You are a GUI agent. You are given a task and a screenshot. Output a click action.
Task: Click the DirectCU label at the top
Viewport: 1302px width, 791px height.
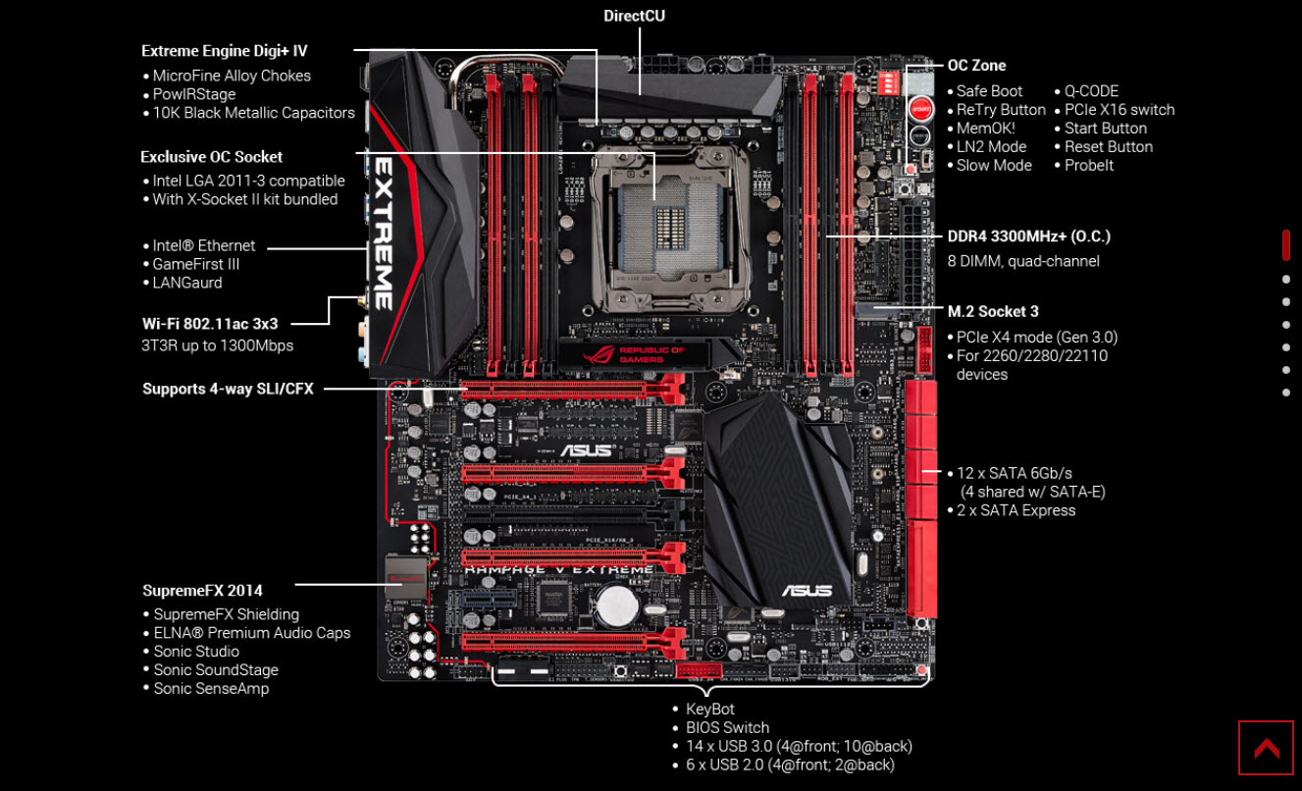click(635, 16)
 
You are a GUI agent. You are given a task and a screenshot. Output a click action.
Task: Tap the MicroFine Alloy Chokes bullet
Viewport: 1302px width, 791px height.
click(232, 76)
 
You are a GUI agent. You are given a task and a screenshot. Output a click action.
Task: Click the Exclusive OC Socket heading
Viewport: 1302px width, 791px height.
click(211, 156)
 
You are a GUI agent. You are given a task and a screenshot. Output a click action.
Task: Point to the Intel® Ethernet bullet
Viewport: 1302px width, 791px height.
click(203, 245)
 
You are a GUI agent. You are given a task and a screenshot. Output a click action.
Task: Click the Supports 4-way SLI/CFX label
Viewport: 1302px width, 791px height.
click(228, 389)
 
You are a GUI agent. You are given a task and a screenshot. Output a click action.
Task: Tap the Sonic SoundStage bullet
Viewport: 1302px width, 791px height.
click(216, 669)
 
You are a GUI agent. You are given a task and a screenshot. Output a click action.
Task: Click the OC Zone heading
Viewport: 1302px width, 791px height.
click(976, 66)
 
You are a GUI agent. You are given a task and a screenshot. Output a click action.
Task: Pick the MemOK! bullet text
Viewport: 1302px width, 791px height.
click(986, 128)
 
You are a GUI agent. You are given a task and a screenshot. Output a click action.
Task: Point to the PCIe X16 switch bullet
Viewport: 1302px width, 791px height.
click(1120, 109)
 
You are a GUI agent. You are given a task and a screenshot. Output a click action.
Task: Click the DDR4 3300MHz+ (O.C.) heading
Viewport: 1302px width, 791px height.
click(1028, 237)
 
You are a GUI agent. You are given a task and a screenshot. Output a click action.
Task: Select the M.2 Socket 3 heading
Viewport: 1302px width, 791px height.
click(993, 311)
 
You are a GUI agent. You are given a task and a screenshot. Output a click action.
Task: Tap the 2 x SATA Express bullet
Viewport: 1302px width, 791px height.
click(1016, 510)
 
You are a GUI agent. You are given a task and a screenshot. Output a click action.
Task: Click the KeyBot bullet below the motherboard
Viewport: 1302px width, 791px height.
click(710, 709)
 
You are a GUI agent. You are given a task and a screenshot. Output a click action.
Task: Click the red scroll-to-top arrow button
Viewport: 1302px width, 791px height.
click(1266, 749)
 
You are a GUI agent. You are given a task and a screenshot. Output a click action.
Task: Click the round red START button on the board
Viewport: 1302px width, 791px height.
click(919, 109)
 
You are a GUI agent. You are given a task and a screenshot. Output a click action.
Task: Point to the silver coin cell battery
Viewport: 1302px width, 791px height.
click(618, 606)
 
